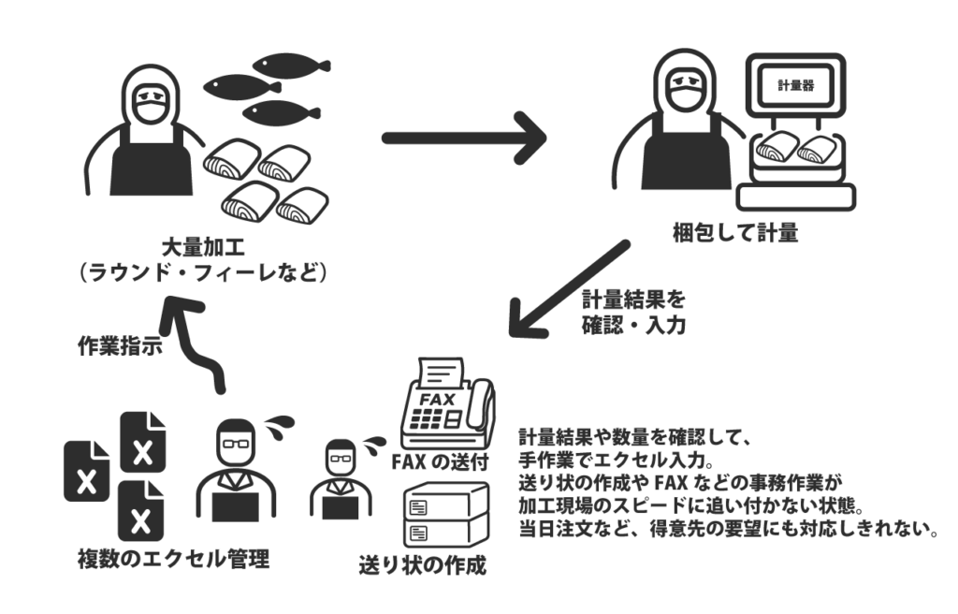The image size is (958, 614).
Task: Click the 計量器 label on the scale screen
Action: tap(796, 85)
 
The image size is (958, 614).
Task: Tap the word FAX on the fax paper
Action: tap(437, 399)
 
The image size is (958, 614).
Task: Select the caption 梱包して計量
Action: tap(735, 233)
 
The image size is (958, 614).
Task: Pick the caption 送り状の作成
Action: tap(424, 565)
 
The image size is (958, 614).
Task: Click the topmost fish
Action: tap(290, 66)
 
